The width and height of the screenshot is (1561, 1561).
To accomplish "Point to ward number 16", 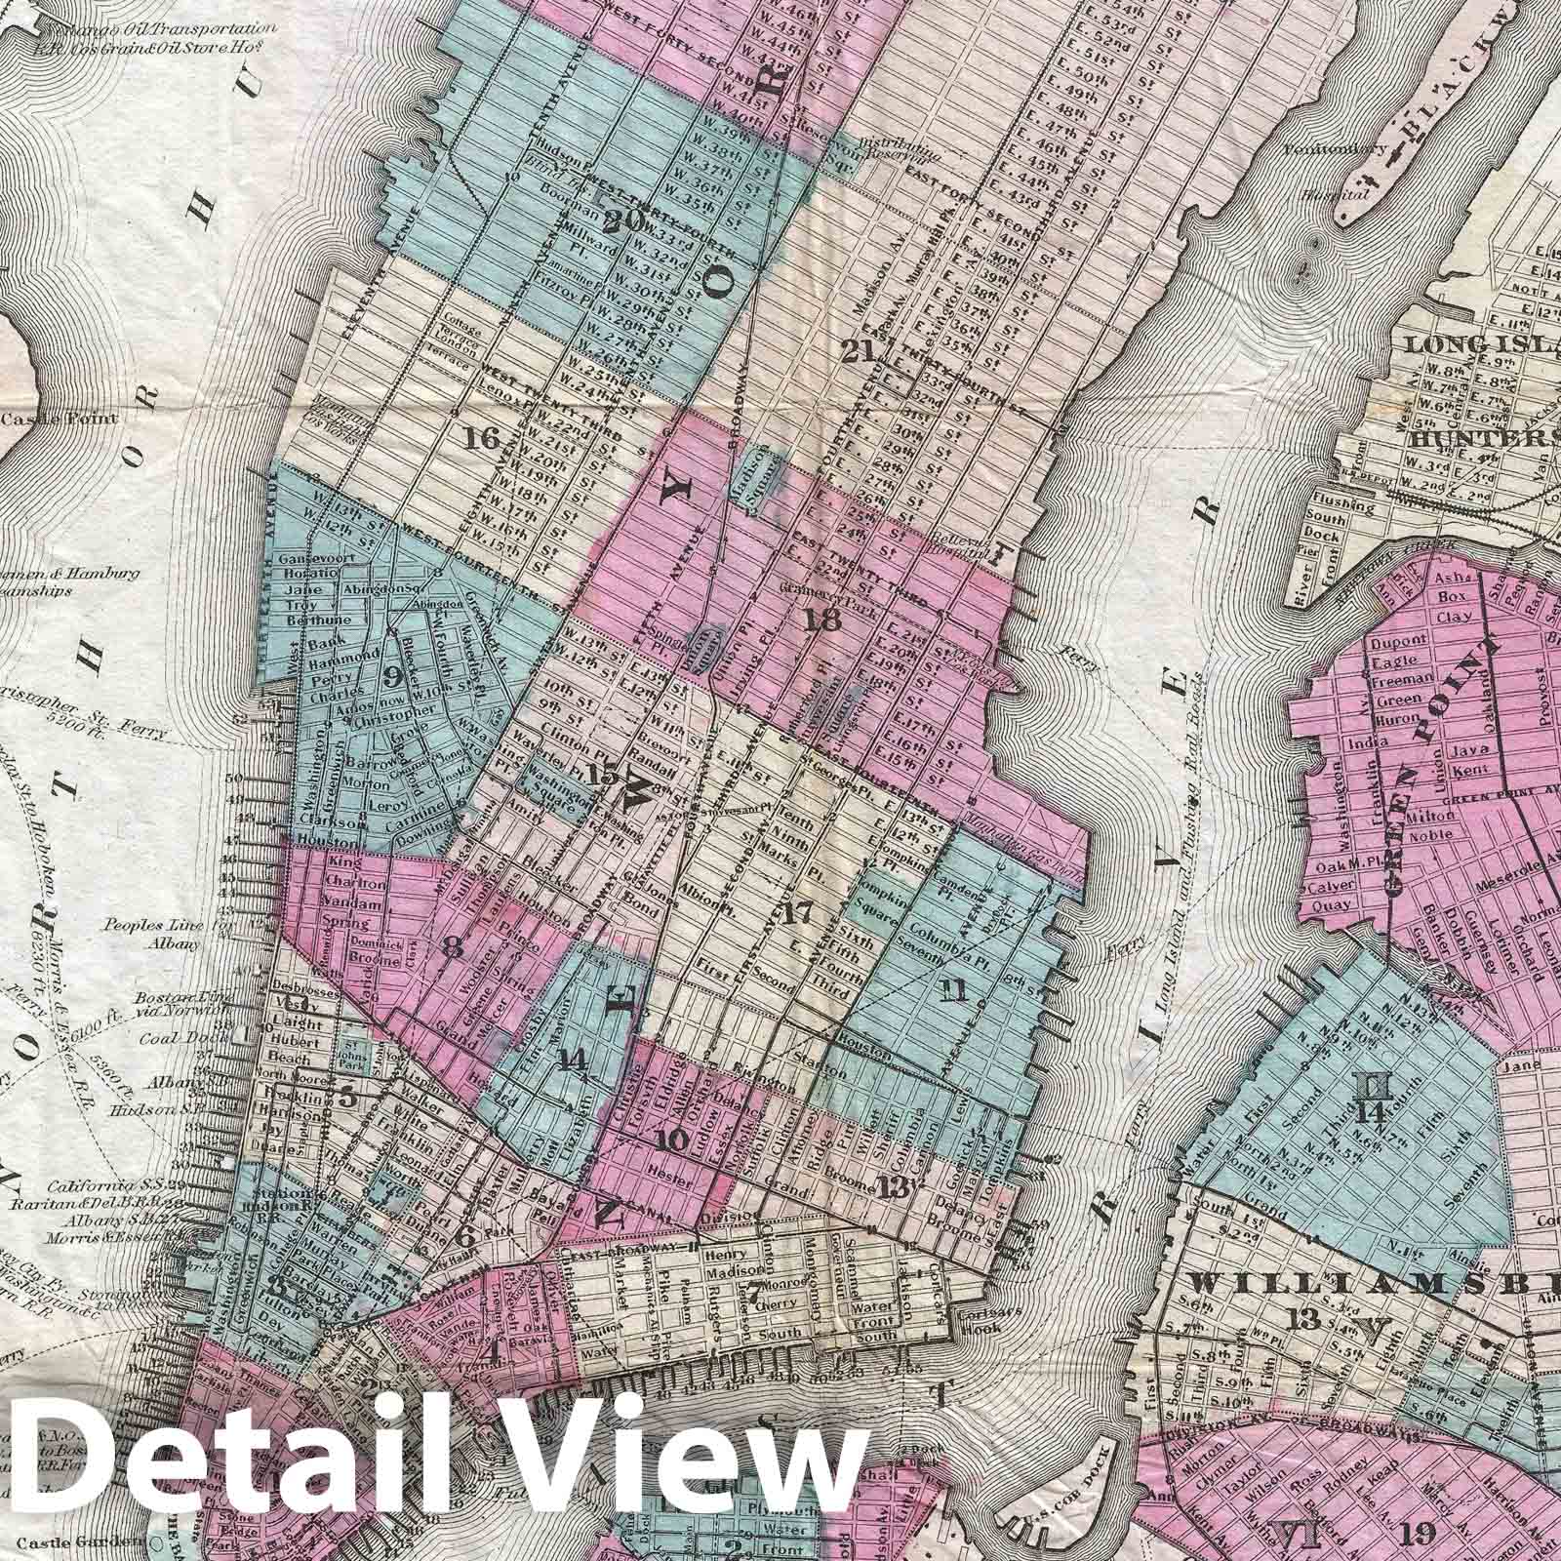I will (482, 439).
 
